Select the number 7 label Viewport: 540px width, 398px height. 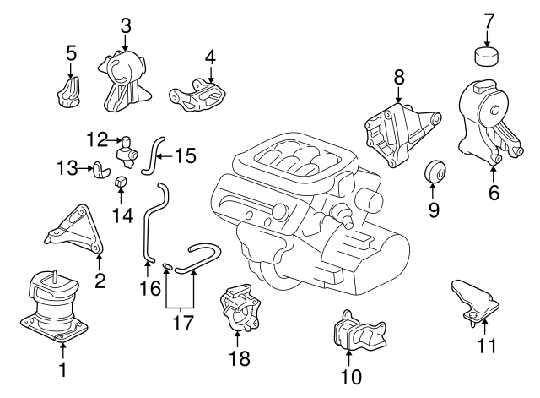[x=488, y=20]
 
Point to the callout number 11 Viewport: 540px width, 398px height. [x=487, y=346]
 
